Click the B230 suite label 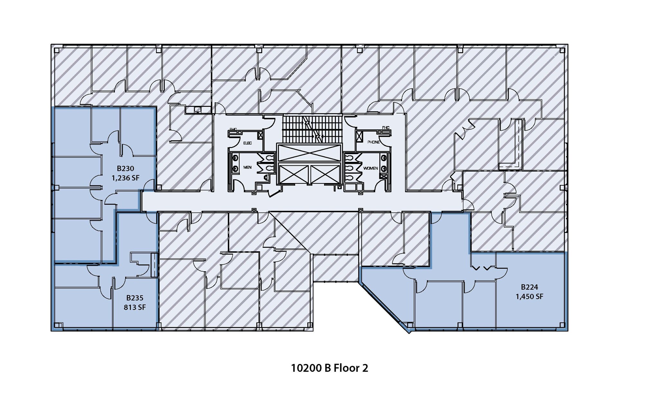click(x=125, y=168)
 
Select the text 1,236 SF click(x=125, y=178)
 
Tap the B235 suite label click(x=135, y=298)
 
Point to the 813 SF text click(x=135, y=307)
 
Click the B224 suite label click(x=529, y=287)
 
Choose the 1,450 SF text click(x=529, y=296)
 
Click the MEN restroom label click(x=247, y=167)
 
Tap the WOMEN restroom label click(x=370, y=168)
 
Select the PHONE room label click(x=374, y=142)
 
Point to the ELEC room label click(x=247, y=143)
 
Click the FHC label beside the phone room click(x=385, y=128)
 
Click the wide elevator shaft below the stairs click(x=309, y=153)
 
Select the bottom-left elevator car click(x=293, y=174)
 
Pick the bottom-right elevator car click(x=325, y=174)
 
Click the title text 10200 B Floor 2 click(x=329, y=368)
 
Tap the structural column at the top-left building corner click(x=57, y=50)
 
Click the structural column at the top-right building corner click(x=562, y=50)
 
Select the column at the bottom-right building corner click(x=562, y=325)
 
